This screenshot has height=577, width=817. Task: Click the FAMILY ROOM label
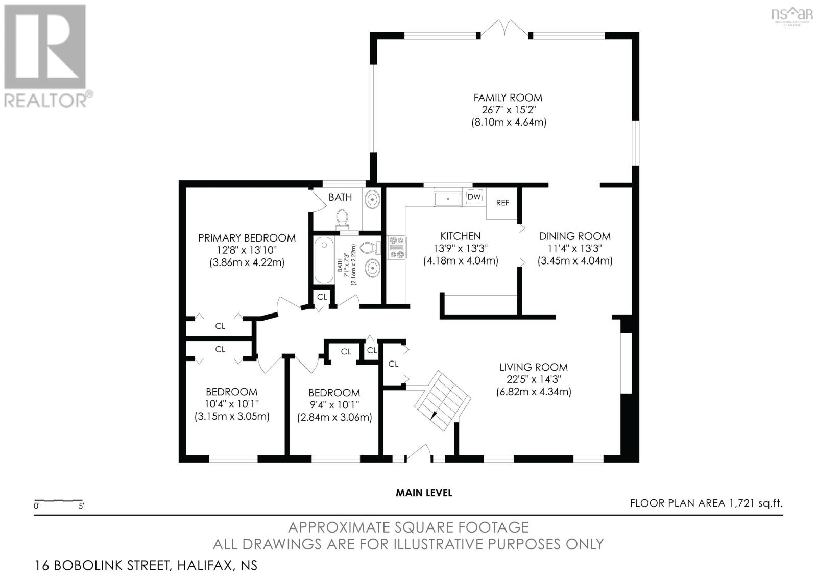(508, 98)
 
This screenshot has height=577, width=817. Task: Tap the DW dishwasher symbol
(474, 197)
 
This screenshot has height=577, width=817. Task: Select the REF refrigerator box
(502, 203)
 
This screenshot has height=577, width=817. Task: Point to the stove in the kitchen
(397, 248)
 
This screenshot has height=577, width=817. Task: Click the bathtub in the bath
(324, 260)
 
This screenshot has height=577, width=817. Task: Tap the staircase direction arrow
(434, 415)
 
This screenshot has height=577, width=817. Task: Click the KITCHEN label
(460, 236)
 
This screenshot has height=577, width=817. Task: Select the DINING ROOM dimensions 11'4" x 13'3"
(574, 249)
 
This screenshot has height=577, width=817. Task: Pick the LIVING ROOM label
(534, 367)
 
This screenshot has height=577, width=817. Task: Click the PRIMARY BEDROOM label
(247, 238)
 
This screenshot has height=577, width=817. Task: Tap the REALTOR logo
(47, 56)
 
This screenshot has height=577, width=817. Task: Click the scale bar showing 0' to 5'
(58, 500)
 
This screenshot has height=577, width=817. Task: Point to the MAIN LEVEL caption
(424, 493)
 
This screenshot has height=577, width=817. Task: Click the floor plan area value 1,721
(741, 503)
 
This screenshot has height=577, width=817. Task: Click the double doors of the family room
(505, 29)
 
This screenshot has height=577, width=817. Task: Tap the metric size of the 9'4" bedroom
(334, 417)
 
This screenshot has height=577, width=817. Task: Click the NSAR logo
(792, 15)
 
